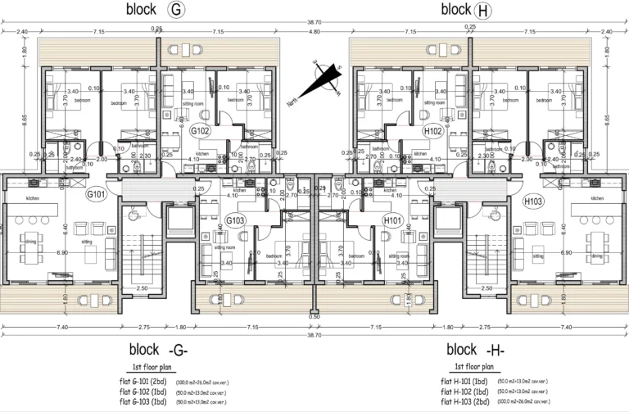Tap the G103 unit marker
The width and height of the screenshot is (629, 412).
[237, 220]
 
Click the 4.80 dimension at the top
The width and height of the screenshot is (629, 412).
[314, 31]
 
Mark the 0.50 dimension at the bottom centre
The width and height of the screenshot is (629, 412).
[314, 316]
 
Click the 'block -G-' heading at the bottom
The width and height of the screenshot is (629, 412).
[159, 348]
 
